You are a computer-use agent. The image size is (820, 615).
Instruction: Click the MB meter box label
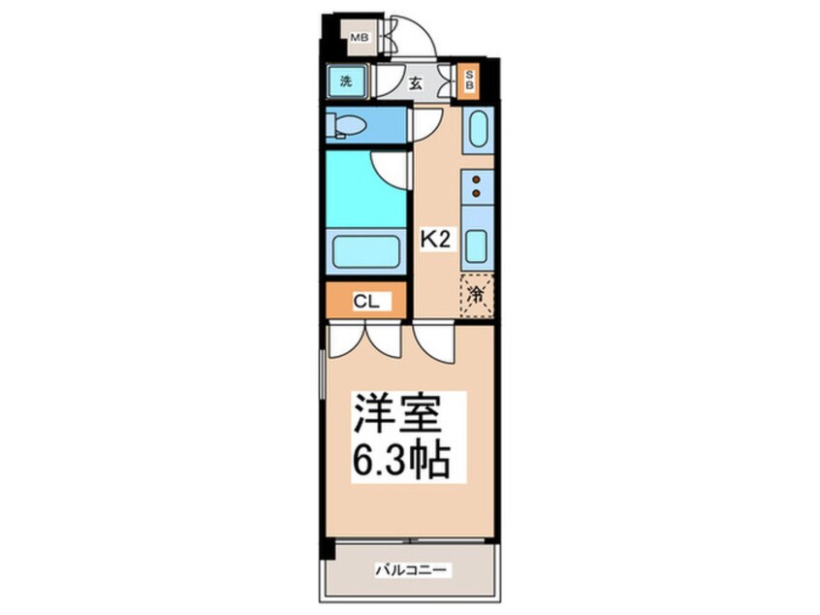[359, 39]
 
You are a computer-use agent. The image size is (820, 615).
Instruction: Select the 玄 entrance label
[415, 83]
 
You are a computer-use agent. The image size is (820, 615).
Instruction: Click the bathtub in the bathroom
[365, 252]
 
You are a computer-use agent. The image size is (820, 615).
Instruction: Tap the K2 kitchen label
[432, 237]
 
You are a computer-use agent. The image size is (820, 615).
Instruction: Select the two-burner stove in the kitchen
[476, 185]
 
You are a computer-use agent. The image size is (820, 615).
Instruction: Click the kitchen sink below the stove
[476, 245]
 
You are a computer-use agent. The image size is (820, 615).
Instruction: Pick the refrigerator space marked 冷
[476, 295]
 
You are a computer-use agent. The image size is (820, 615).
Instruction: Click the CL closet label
[365, 301]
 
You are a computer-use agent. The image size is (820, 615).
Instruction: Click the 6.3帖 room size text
[399, 460]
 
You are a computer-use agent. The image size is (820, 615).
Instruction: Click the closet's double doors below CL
[363, 340]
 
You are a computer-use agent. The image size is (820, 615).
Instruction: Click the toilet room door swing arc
[426, 122]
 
